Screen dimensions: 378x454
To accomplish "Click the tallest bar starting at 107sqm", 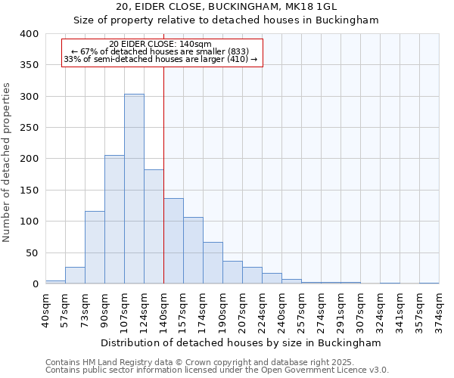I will click(134, 189).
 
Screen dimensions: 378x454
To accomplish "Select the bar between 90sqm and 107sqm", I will click(114, 219).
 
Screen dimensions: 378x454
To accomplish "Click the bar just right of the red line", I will click(173, 241).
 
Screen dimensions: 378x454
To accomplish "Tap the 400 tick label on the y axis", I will click(29, 34).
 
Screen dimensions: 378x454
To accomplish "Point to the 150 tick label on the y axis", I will click(29, 191).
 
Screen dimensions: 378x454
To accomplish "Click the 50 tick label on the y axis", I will click(32, 253).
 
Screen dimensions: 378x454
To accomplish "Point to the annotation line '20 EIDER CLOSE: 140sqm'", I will click(160, 45).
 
